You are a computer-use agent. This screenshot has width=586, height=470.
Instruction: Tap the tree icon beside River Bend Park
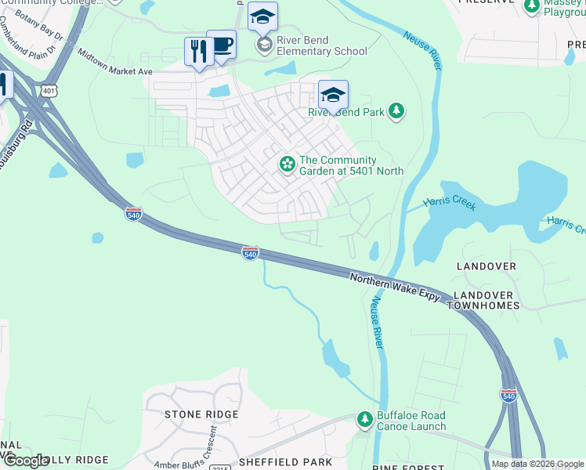(x=397, y=111)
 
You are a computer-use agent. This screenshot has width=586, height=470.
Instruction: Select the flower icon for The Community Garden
(x=288, y=164)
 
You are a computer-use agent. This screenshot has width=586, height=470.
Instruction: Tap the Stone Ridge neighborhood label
(x=201, y=414)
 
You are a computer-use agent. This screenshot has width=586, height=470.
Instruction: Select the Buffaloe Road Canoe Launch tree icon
(x=364, y=421)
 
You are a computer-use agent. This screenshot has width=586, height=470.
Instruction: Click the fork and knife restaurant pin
(x=197, y=52)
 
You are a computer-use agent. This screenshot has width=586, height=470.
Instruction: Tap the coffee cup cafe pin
(x=221, y=45)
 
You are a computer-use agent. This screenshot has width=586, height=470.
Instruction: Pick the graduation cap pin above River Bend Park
(x=333, y=96)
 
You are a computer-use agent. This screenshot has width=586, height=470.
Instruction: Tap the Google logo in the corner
(x=25, y=461)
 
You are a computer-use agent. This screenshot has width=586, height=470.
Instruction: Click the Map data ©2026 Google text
(x=537, y=464)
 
